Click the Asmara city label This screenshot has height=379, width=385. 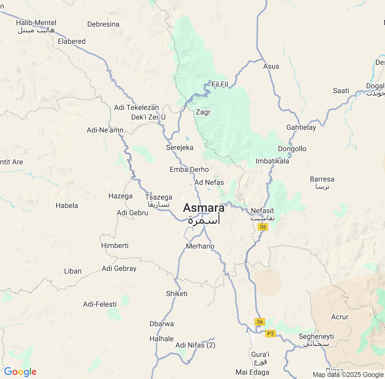point(204,208)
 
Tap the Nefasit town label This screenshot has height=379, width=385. point(262,211)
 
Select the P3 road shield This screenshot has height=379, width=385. point(270,333)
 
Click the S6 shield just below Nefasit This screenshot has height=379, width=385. point(263,227)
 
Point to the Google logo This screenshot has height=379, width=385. point(20,372)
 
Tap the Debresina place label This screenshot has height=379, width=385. point(103,24)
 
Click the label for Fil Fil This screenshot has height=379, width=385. point(220,84)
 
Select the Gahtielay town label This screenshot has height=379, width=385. point(301,127)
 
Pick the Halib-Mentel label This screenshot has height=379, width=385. point(36,23)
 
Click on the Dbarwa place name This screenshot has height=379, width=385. point(162,324)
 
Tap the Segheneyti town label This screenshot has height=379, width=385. point(316,337)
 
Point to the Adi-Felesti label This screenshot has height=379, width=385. point(100,304)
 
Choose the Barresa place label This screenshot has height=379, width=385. point(322,179)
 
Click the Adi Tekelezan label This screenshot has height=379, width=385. point(136,107)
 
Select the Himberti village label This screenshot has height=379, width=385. point(115,245)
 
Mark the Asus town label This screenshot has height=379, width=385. point(271,66)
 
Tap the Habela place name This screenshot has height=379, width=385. point(67,206)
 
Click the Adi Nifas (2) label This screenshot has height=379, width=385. point(195,345)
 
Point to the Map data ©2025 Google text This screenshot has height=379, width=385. point(348,374)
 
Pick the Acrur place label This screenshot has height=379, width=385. point(340,317)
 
